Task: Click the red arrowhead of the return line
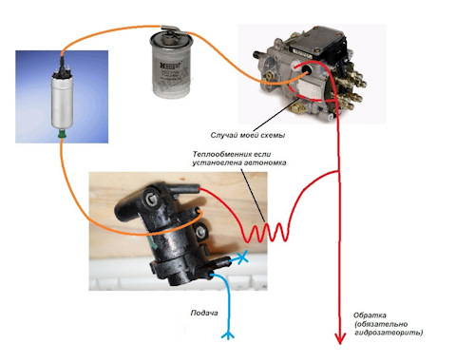[340, 338]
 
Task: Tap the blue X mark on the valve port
[242, 258]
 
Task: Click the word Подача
[204, 313]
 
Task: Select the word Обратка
[370, 315]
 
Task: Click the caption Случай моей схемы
[248, 135]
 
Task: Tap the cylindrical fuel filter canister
[171, 66]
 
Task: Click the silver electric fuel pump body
[62, 103]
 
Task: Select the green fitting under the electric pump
[62, 134]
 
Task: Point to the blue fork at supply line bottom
[228, 334]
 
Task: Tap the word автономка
[266, 162]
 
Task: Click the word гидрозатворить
[389, 333]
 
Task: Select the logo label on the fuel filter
[170, 67]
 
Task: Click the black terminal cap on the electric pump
[62, 71]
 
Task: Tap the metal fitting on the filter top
[171, 29]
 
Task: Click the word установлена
[217, 162]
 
